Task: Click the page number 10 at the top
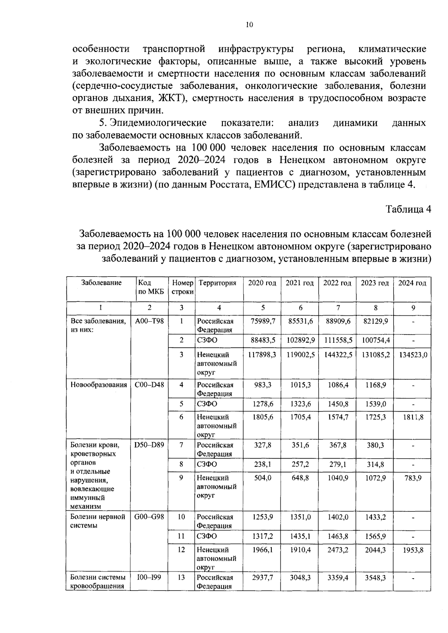[249, 25]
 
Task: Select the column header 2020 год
[262, 283]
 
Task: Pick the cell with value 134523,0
[413, 355]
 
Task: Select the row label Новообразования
[99, 385]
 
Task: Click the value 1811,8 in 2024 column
[413, 417]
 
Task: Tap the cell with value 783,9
[413, 478]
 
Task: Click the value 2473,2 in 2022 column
[338, 550]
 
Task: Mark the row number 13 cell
[181, 577]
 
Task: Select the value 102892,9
[301, 340]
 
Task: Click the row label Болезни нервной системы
[98, 521]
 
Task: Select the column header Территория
[218, 283]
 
